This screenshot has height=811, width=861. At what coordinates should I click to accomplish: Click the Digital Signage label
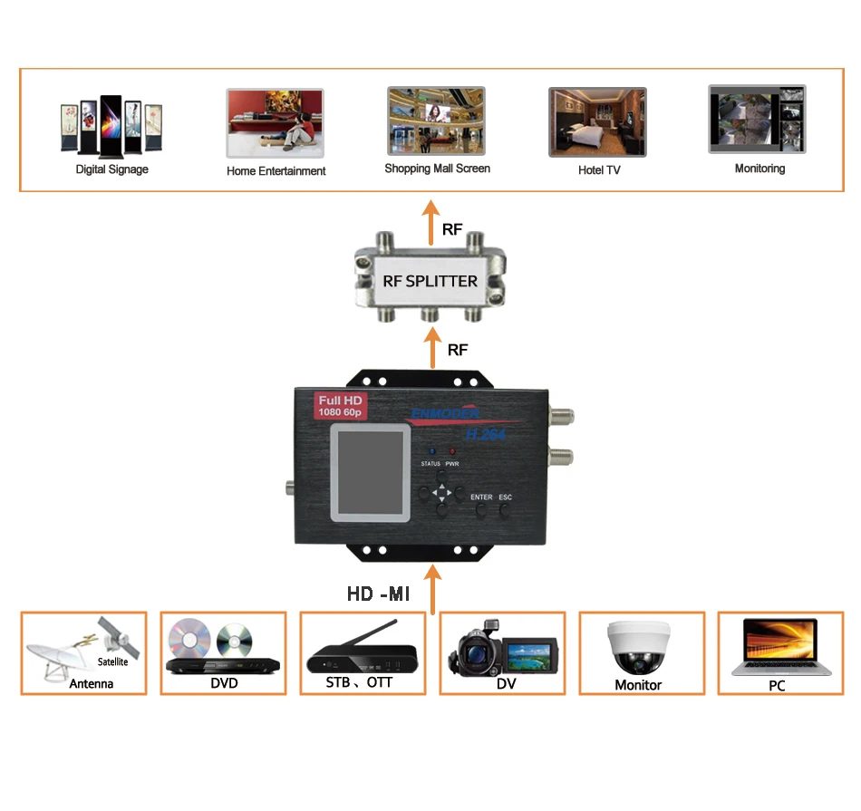point(111,169)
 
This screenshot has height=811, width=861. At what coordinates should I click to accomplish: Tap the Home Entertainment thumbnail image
point(275,123)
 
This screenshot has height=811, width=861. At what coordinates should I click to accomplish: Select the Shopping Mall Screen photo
point(436,121)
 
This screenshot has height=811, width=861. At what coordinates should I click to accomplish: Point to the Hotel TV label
point(599,169)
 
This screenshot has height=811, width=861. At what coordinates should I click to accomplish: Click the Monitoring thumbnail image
point(757,120)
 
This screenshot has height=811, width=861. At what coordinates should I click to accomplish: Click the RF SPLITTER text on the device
point(430,281)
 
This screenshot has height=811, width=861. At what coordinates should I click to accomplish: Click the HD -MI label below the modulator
point(379,594)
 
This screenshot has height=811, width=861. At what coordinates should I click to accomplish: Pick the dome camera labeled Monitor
point(638,645)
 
